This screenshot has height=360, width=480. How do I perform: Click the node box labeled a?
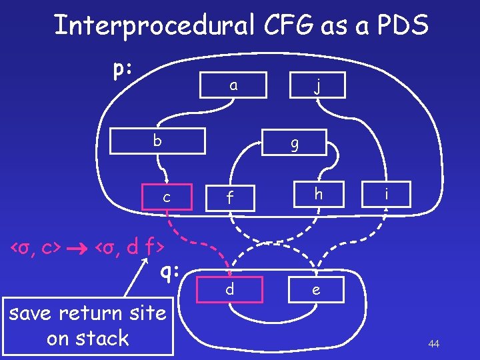(233, 85)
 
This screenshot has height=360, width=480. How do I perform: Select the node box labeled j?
(319, 85)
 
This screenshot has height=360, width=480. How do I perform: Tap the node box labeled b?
(156, 141)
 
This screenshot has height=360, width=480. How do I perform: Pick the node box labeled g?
(294, 142)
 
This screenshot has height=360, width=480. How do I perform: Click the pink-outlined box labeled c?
(167, 196)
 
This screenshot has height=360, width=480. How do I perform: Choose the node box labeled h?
(319, 193)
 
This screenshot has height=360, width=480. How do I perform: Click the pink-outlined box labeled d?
(230, 290)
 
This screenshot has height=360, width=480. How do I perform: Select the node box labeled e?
(316, 290)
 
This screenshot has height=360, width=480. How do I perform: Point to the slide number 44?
(433, 344)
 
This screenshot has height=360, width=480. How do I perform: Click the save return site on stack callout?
(87, 325)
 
